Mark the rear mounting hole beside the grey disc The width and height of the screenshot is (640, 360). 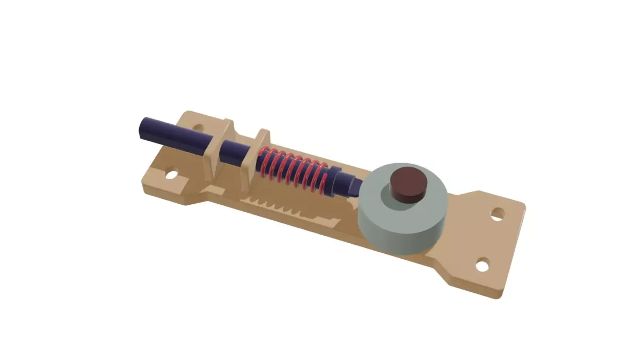click(498, 214)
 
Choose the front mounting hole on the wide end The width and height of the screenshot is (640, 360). click(482, 264)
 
